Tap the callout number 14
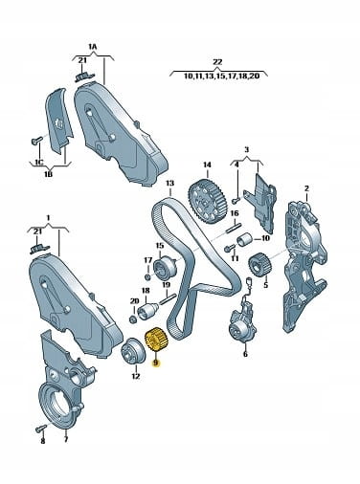207,165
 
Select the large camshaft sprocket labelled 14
208,201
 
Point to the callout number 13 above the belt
170,184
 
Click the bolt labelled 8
41,428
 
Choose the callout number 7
66,440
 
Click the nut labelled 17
148,276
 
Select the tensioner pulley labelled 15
166,268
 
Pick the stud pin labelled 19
166,299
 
